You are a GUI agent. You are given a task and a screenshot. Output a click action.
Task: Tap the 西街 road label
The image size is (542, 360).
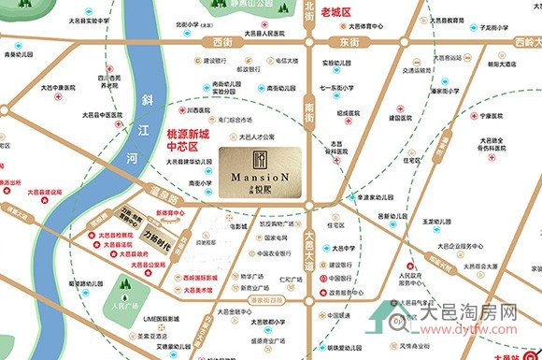coord(221,42)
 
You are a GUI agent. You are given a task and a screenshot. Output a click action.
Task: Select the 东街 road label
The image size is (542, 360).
coord(349,42)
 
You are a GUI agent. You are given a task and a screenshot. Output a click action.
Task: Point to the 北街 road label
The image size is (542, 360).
coord(309,10)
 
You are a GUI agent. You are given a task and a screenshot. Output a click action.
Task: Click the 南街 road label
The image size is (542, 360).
coord(309,114)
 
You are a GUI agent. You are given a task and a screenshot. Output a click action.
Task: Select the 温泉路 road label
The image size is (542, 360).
coord(136,199)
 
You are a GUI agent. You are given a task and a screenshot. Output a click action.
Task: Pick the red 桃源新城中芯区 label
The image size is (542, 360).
coord(184,140)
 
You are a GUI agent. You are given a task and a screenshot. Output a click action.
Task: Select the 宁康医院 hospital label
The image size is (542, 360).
coord(491,118)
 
